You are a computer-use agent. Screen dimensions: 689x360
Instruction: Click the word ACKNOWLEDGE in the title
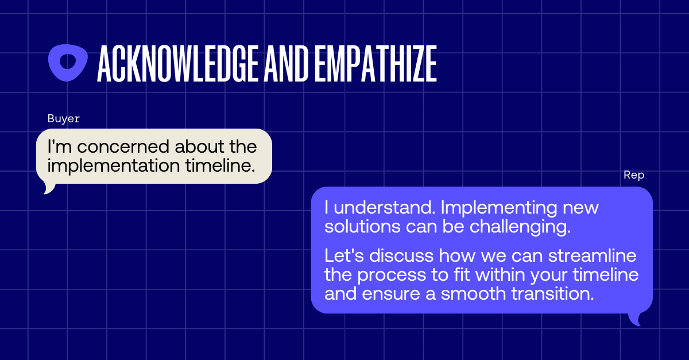(x=178, y=63)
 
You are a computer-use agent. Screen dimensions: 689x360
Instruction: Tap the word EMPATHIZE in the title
(x=376, y=63)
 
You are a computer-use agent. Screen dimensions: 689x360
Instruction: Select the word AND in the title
(x=287, y=63)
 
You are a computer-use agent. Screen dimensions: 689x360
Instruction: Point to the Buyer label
(x=64, y=119)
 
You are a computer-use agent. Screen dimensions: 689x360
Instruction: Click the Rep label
(x=634, y=175)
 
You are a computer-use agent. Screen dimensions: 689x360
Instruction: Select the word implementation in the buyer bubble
(x=114, y=166)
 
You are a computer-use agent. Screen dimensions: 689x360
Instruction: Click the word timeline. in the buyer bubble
(x=220, y=165)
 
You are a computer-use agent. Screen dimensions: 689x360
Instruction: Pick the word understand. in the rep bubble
(x=385, y=207)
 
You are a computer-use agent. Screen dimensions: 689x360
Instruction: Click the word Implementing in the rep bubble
(x=499, y=208)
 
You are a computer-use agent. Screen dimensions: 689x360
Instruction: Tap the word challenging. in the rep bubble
(x=520, y=227)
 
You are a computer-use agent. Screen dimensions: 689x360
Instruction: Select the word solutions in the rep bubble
(x=363, y=226)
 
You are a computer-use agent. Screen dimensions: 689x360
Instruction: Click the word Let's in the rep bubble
(x=344, y=256)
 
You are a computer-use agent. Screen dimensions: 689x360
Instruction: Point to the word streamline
(x=593, y=256)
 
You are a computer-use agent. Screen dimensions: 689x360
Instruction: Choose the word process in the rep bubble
(x=392, y=276)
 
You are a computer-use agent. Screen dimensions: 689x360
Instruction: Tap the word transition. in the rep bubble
(x=553, y=293)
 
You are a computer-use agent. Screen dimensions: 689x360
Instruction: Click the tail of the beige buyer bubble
(x=49, y=189)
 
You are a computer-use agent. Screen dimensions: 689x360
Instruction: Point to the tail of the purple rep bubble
(x=635, y=319)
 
